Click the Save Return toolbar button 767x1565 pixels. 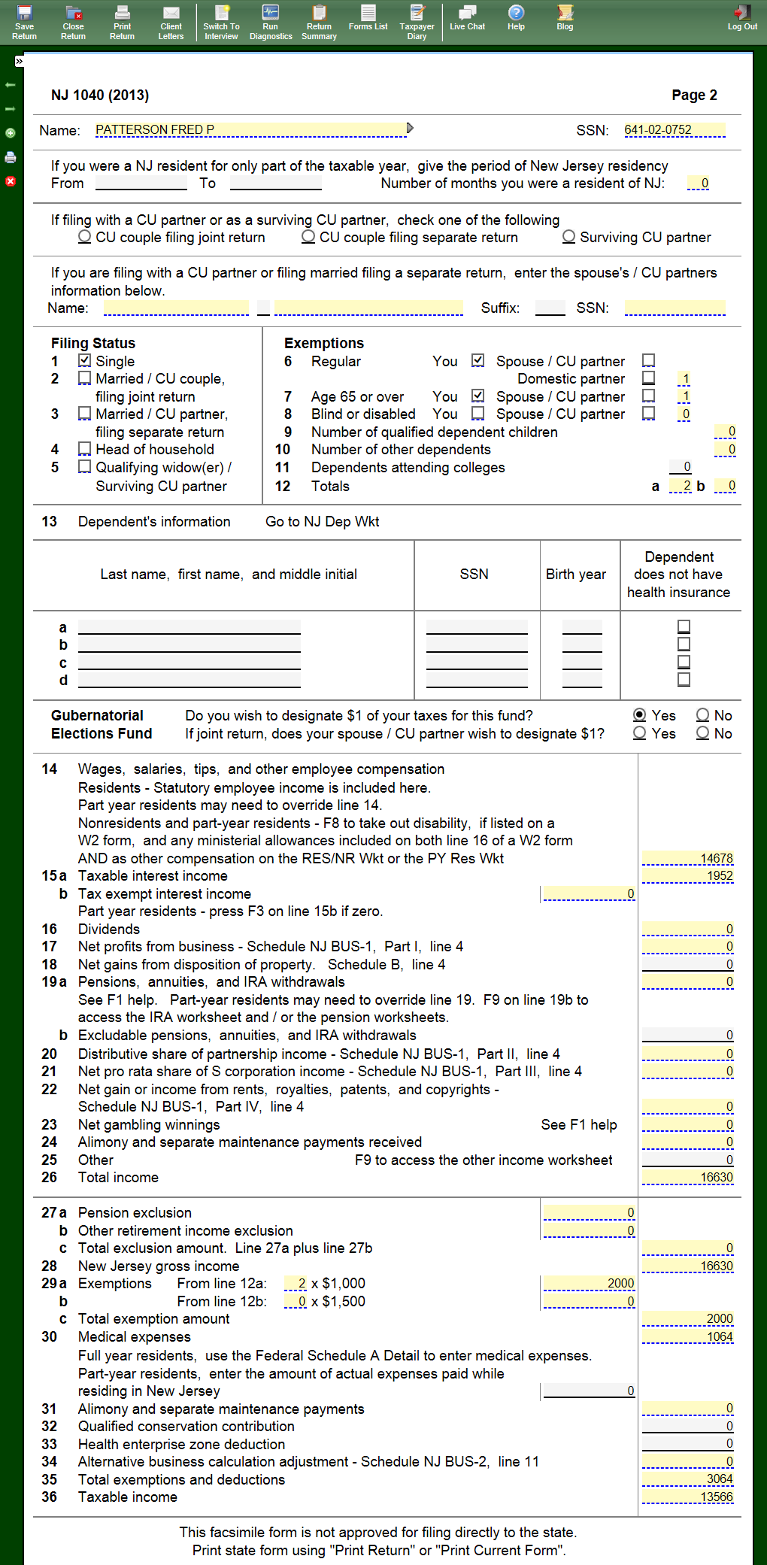pos(24,21)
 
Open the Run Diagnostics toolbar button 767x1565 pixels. pos(271,21)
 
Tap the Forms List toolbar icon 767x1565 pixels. pos(368,17)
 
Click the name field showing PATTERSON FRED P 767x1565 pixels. pos(250,130)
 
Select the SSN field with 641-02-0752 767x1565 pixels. pos(675,130)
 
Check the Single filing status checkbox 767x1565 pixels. pos(85,361)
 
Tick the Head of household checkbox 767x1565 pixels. pos(85,449)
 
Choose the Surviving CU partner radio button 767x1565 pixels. pos(569,237)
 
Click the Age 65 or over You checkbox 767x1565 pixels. pos(478,396)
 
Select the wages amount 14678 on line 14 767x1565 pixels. pos(687,858)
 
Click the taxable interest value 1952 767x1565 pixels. pos(687,876)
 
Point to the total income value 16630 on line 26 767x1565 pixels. pos(687,1177)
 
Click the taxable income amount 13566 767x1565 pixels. pos(687,1497)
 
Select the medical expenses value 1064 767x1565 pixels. pos(687,1336)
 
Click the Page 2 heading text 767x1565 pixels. pos(694,96)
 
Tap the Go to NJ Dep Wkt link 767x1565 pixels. pos(322,522)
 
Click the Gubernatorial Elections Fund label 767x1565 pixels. pos(102,724)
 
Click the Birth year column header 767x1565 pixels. pos(575,575)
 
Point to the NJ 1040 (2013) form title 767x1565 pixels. pos(100,96)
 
